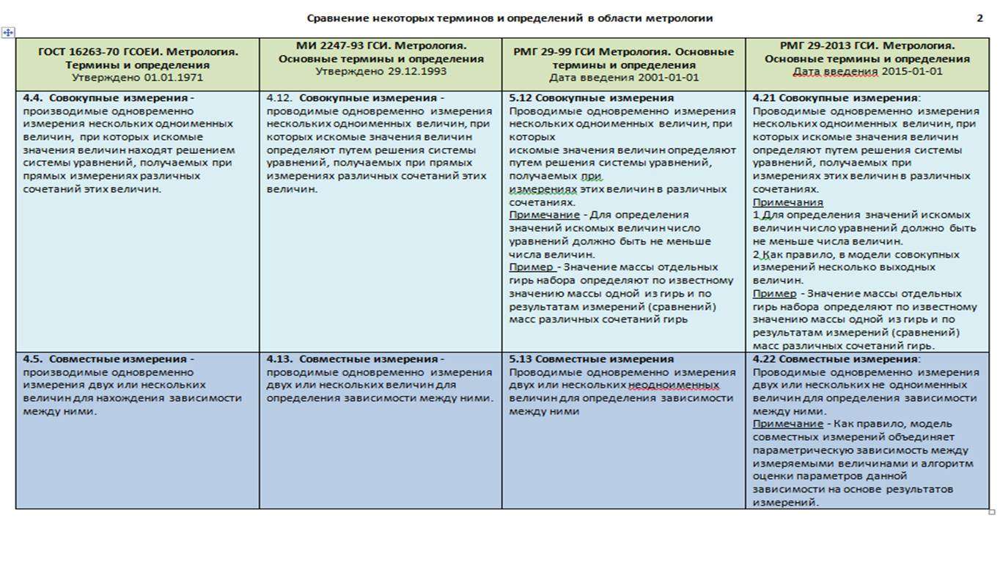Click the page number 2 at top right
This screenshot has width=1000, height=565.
tap(979, 18)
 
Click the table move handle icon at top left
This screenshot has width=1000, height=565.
tap(8, 32)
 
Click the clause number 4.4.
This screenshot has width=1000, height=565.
tap(34, 98)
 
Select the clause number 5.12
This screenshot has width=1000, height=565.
tap(521, 98)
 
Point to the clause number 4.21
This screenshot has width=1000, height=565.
tap(765, 98)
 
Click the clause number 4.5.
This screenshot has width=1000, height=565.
tap(34, 359)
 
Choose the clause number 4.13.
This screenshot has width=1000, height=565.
tap(279, 359)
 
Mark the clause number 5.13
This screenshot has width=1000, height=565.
tap(521, 359)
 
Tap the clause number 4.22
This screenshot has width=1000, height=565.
tap(765, 359)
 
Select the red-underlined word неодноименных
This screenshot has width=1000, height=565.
tap(674, 385)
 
